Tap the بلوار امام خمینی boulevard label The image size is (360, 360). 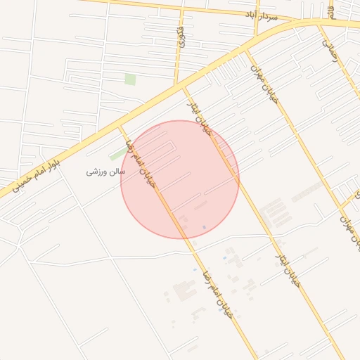[36, 176]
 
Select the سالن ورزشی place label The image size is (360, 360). [105, 171]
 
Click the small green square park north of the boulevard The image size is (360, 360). [130, 79]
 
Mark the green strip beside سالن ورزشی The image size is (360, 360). [118, 153]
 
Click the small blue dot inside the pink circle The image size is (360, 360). [204, 227]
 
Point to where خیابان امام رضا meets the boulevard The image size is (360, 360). [121, 127]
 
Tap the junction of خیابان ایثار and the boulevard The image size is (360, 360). [184, 89]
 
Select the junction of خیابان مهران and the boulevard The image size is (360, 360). [245, 50]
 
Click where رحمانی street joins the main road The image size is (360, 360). [320, 25]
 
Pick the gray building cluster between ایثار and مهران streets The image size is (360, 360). [273, 211]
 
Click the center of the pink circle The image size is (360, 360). [180, 179]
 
